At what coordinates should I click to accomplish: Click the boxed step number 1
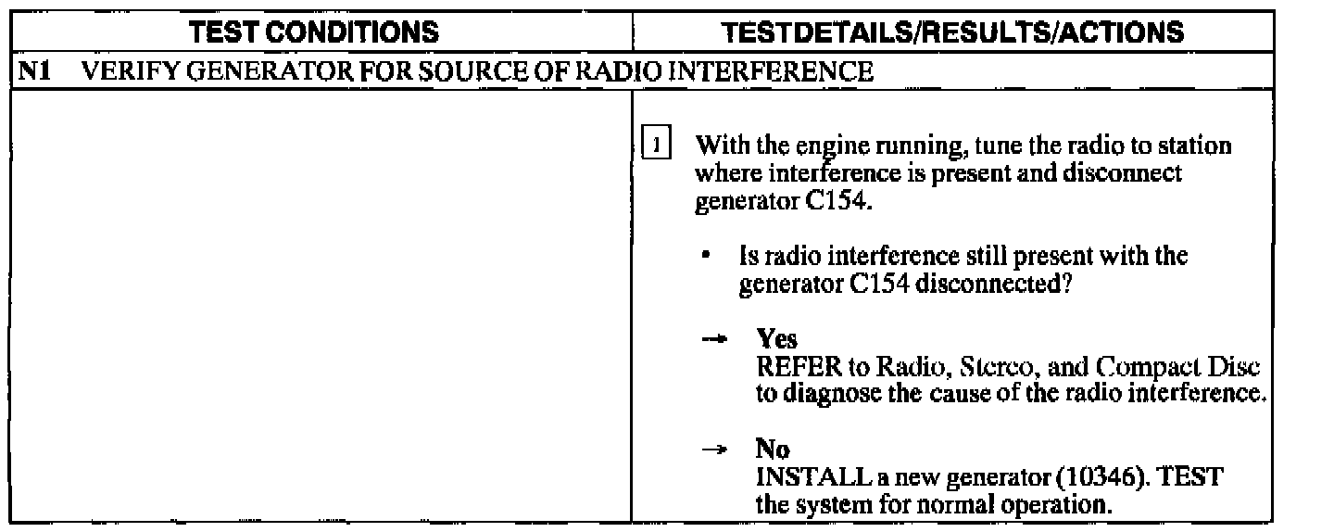(654, 147)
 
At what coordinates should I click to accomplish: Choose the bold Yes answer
(776, 339)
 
